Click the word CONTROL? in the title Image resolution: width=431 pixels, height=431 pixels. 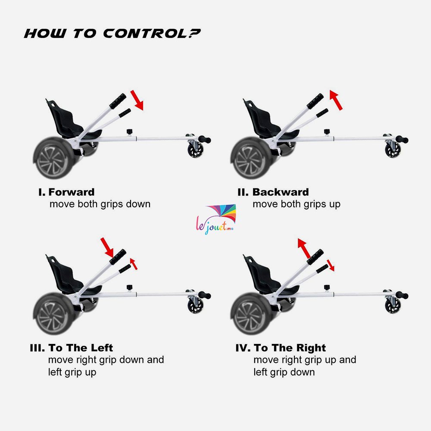tap(152, 34)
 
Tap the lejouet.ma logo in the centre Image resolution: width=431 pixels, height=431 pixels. tap(216, 219)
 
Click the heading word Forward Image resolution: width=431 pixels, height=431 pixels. tap(72, 192)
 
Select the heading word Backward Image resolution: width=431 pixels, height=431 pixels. tap(281, 192)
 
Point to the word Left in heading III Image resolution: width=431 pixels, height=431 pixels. tap(102, 348)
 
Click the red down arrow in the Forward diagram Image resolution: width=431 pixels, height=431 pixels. tap(137, 100)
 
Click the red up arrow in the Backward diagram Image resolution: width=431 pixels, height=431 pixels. tap(336, 100)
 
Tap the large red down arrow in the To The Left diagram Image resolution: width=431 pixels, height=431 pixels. tap(107, 247)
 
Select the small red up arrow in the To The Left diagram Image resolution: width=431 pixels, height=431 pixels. tap(134, 264)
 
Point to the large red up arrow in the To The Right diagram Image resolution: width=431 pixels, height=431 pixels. tap(304, 248)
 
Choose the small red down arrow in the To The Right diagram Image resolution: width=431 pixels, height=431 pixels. tap(331, 265)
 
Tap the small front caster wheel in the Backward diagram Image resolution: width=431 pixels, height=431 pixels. tap(393, 150)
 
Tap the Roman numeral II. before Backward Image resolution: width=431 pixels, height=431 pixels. tap(243, 192)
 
